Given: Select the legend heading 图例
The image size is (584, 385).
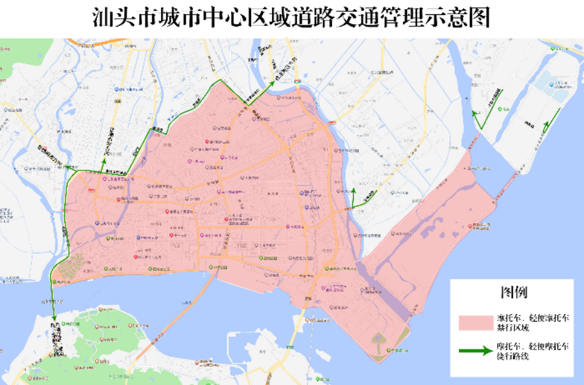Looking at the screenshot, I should pyautogui.click(x=513, y=293).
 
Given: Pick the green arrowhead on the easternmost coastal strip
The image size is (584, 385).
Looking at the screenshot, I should pyautogui.click(x=557, y=110).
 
